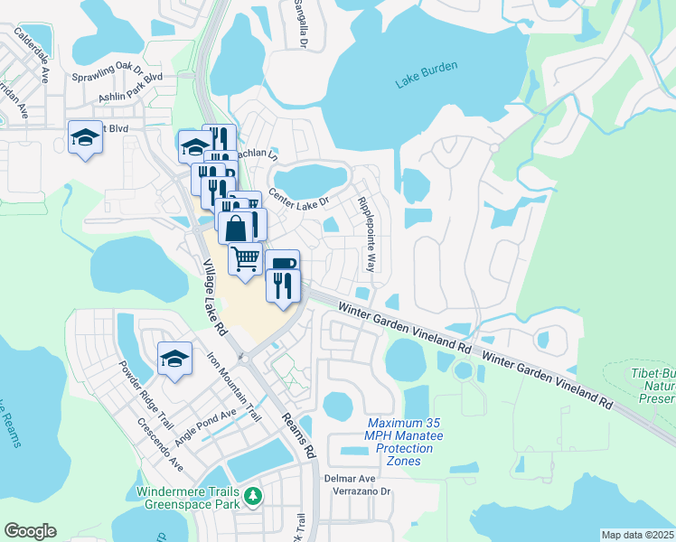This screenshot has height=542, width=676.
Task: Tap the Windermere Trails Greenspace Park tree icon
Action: (254, 496)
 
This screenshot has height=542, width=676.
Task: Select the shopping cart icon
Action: (245, 258)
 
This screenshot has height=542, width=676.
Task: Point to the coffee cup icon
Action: (282, 264)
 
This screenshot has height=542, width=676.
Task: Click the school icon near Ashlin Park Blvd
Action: (85, 137)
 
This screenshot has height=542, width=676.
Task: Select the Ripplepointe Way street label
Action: (366, 234)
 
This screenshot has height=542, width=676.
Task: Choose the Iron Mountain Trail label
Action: (235, 387)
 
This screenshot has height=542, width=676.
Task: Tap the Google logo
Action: (30, 530)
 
